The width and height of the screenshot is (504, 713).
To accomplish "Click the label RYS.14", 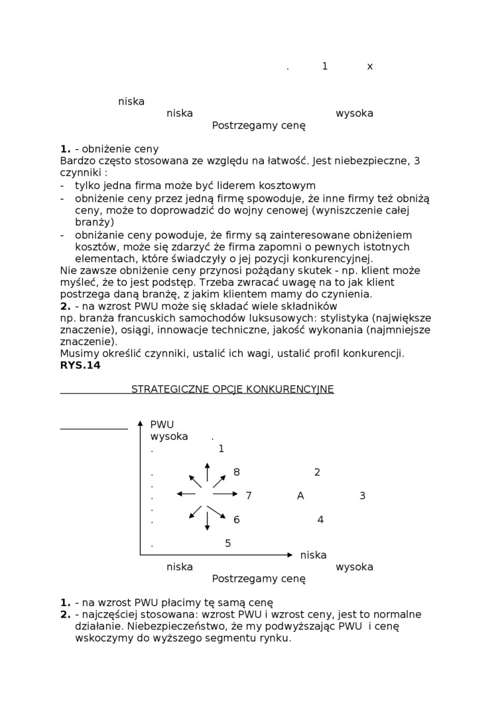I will pyautogui.click(x=80, y=365).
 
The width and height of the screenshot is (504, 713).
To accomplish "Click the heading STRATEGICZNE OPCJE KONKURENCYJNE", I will pyautogui.click(x=232, y=389).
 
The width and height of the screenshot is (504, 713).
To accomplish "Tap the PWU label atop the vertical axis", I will pyautogui.click(x=162, y=424).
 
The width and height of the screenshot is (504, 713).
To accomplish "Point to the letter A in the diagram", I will pyautogui.click(x=300, y=496).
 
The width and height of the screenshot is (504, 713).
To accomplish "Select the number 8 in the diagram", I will pyautogui.click(x=237, y=472).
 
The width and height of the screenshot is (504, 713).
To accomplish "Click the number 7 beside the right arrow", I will pyautogui.click(x=249, y=496).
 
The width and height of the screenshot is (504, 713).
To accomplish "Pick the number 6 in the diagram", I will pyautogui.click(x=237, y=520).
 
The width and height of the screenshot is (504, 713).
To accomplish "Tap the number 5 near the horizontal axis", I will pyautogui.click(x=228, y=544).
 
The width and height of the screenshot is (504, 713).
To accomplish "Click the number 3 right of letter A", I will pyautogui.click(x=362, y=496).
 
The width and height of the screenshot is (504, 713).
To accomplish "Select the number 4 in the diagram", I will pyautogui.click(x=320, y=520).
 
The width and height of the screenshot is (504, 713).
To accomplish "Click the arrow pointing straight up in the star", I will pyautogui.click(x=208, y=472).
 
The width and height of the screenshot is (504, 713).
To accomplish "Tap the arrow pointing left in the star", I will pyautogui.click(x=186, y=494).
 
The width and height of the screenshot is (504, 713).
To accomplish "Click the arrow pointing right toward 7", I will pyautogui.click(x=226, y=494).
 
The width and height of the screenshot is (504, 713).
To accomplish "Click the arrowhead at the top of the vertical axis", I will pyautogui.click(x=140, y=422).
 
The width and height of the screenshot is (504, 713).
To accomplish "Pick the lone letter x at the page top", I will pyautogui.click(x=370, y=66).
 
